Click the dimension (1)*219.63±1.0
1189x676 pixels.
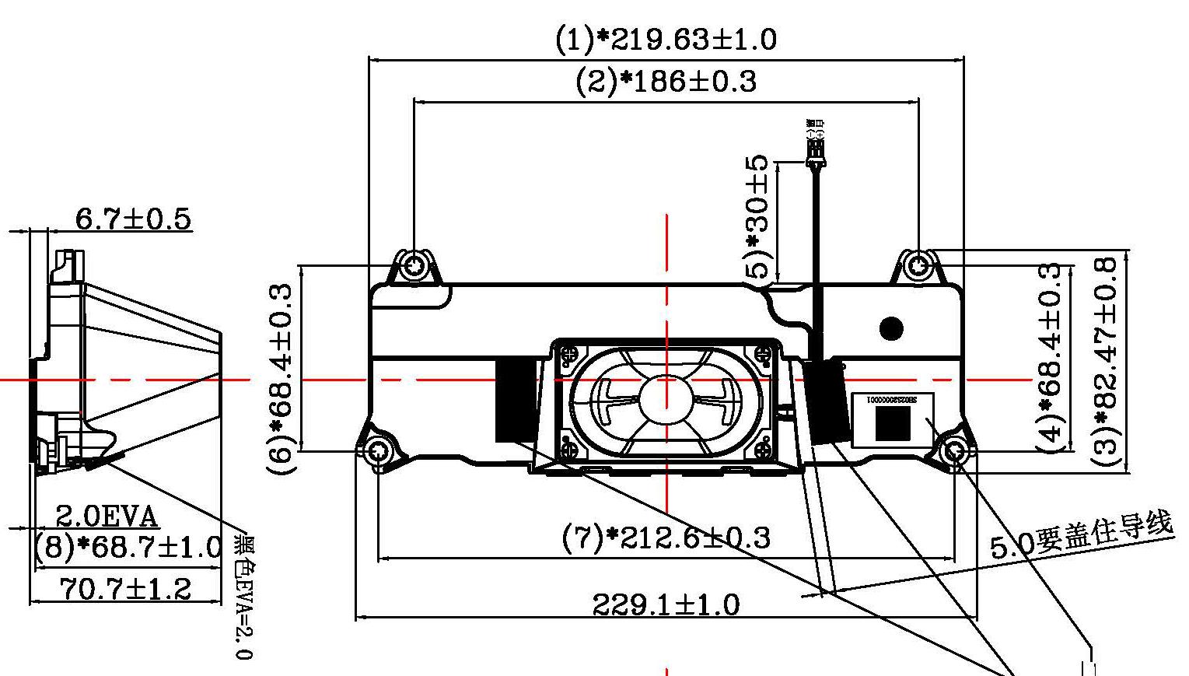point(666,39)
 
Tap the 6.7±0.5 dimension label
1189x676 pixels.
point(132,219)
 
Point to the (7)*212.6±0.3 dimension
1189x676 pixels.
point(666,537)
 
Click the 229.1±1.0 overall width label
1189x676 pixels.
point(666,604)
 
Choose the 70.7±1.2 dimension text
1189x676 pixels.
point(125,589)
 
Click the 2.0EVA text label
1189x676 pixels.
point(107,517)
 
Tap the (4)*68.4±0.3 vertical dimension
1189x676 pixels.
point(1051,358)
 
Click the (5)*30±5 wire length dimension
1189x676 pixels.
point(758,217)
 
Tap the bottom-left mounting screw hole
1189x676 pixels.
point(378,451)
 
